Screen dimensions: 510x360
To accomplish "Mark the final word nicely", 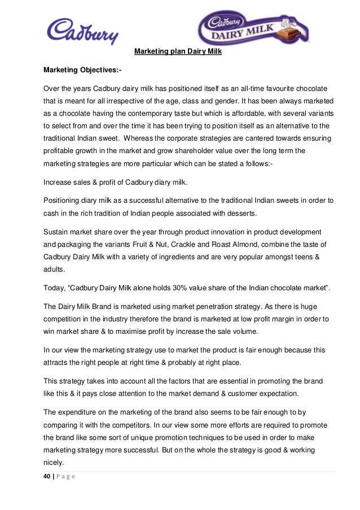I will (x=54, y=461).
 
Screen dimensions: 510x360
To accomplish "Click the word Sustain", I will (x=58, y=232).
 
